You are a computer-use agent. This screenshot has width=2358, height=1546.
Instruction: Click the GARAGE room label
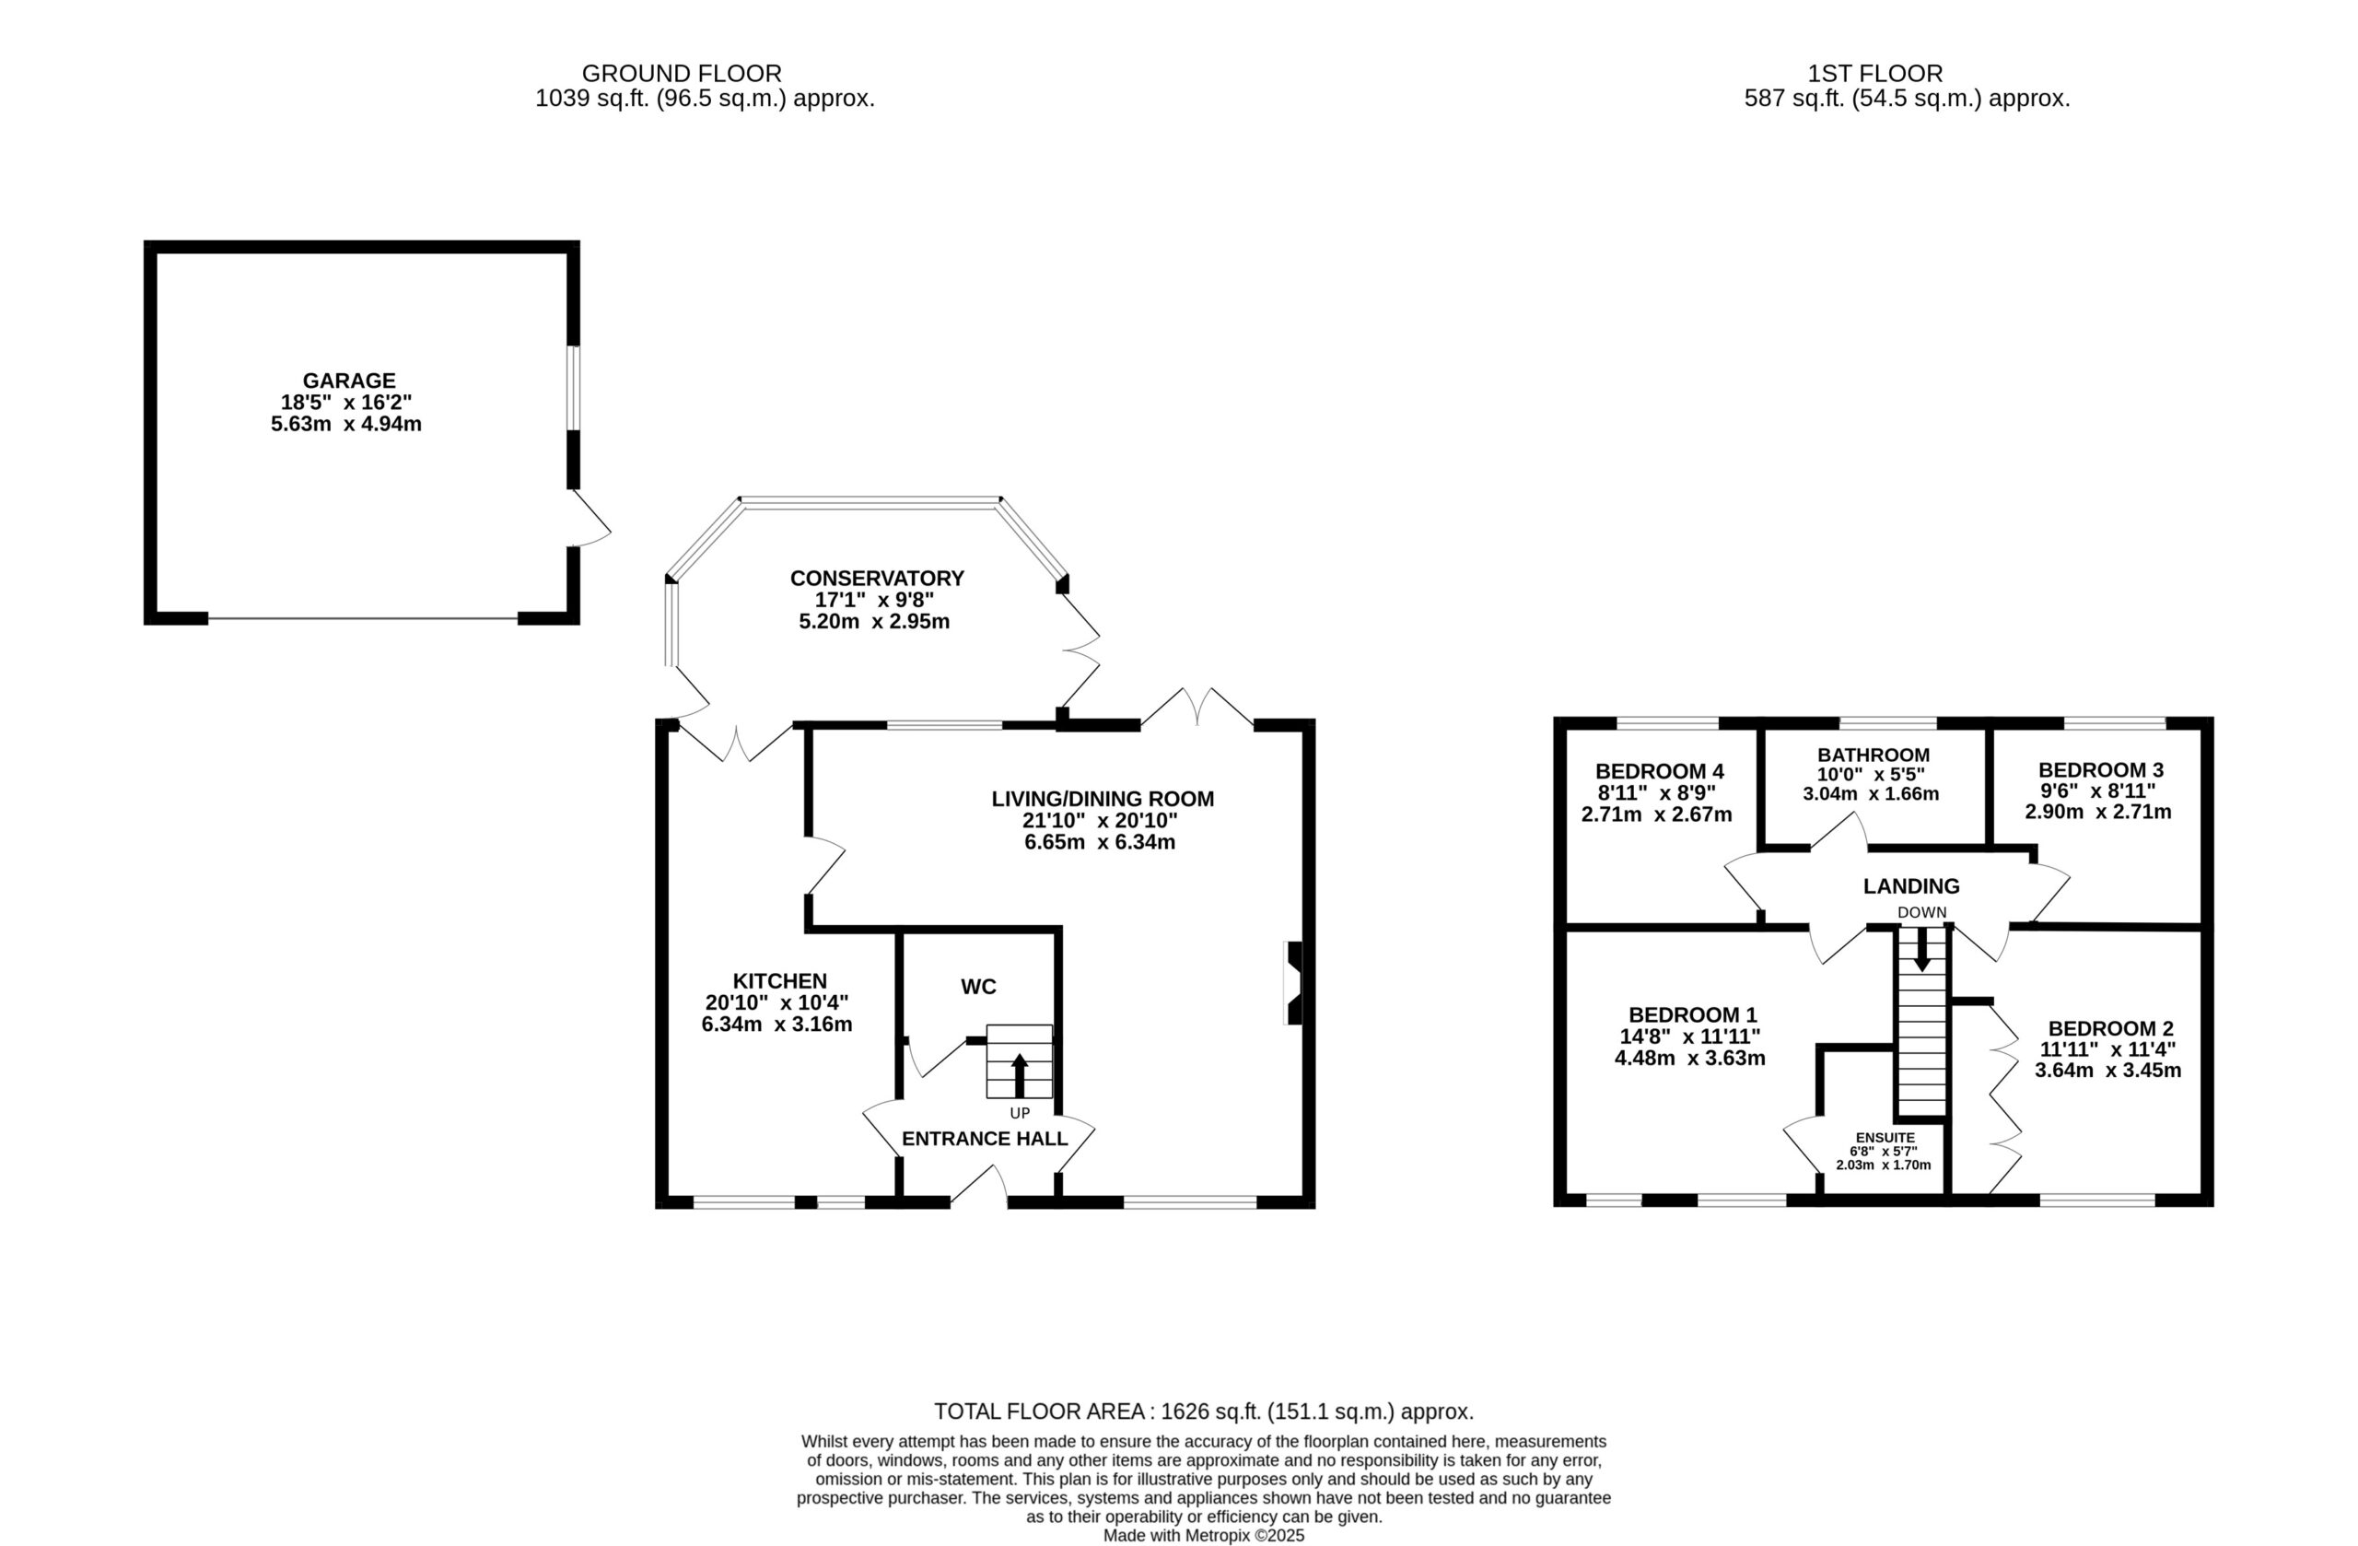(349, 381)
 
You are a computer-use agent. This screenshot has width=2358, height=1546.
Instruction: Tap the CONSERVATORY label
(877, 578)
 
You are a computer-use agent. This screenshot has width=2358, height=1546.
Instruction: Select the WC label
(978, 987)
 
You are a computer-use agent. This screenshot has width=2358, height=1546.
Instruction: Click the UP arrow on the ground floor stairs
(1020, 1075)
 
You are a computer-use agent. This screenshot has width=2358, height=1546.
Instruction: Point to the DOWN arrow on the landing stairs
(1921, 949)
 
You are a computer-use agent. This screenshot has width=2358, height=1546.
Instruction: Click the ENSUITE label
(1885, 1138)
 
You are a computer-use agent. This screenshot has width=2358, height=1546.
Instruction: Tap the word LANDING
(1911, 886)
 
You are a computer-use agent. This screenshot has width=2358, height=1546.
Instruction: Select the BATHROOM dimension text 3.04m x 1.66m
(1871, 794)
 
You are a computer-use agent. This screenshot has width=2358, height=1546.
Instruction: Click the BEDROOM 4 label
(1660, 771)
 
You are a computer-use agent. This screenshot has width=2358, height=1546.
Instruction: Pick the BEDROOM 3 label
(2100, 770)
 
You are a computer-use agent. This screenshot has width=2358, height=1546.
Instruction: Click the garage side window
(573, 388)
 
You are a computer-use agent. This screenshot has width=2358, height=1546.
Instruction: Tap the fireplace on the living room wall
(1294, 983)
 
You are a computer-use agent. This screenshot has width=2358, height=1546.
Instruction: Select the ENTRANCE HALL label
(985, 1139)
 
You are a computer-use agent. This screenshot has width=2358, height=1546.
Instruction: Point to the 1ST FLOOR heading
(1875, 74)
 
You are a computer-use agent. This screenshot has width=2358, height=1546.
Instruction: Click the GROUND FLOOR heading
(682, 74)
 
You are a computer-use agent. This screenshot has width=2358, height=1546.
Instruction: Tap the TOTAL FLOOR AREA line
(1204, 1411)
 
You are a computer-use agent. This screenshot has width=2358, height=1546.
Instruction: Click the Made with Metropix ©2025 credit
(1204, 1535)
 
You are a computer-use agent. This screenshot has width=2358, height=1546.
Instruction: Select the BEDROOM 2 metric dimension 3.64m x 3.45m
(2108, 1071)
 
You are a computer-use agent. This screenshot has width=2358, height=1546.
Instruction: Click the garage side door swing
(590, 517)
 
